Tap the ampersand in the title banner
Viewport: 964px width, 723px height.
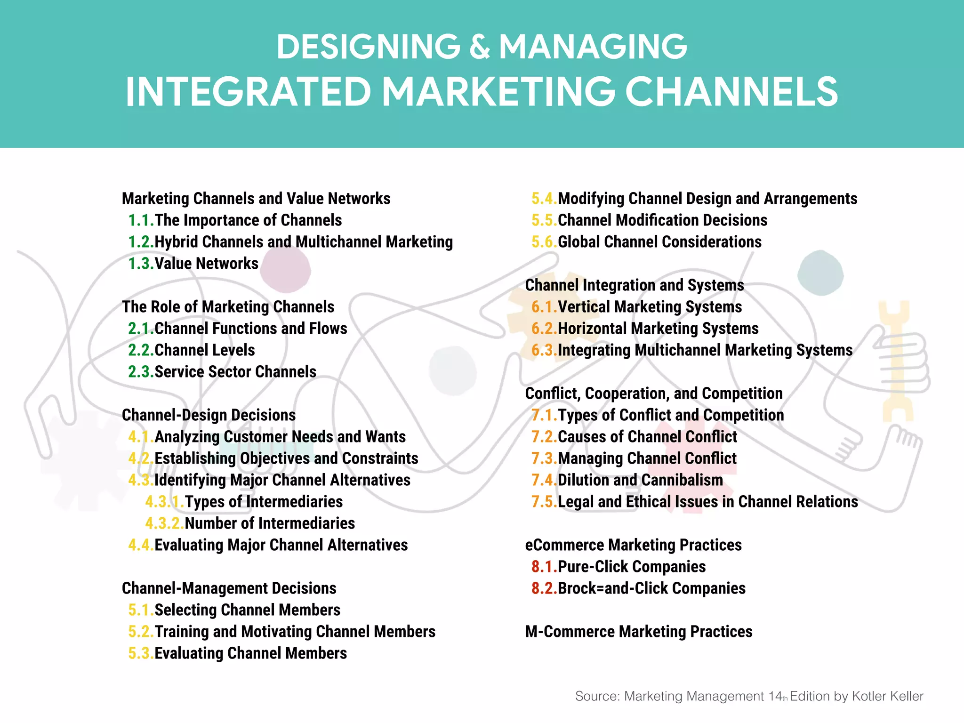point(480,47)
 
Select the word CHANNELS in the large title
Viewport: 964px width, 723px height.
point(731,92)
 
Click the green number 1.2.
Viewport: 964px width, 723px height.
point(141,242)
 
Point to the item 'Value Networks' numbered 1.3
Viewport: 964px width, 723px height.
point(206,264)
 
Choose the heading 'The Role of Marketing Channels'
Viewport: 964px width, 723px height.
point(228,307)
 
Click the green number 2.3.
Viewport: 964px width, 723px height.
point(141,372)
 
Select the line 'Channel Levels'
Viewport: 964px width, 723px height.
point(204,350)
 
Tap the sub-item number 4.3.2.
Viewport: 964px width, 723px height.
point(164,523)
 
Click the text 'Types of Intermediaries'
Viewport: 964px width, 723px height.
point(264,502)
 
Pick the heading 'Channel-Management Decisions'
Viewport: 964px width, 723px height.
point(229,588)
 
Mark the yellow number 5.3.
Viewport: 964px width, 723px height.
point(141,653)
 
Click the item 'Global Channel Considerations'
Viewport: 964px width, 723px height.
point(659,242)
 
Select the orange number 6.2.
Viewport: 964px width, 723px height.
point(544,329)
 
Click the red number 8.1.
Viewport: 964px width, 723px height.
point(544,567)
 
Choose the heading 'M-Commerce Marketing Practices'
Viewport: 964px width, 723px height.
point(638,632)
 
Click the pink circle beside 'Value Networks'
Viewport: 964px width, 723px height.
point(285,269)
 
